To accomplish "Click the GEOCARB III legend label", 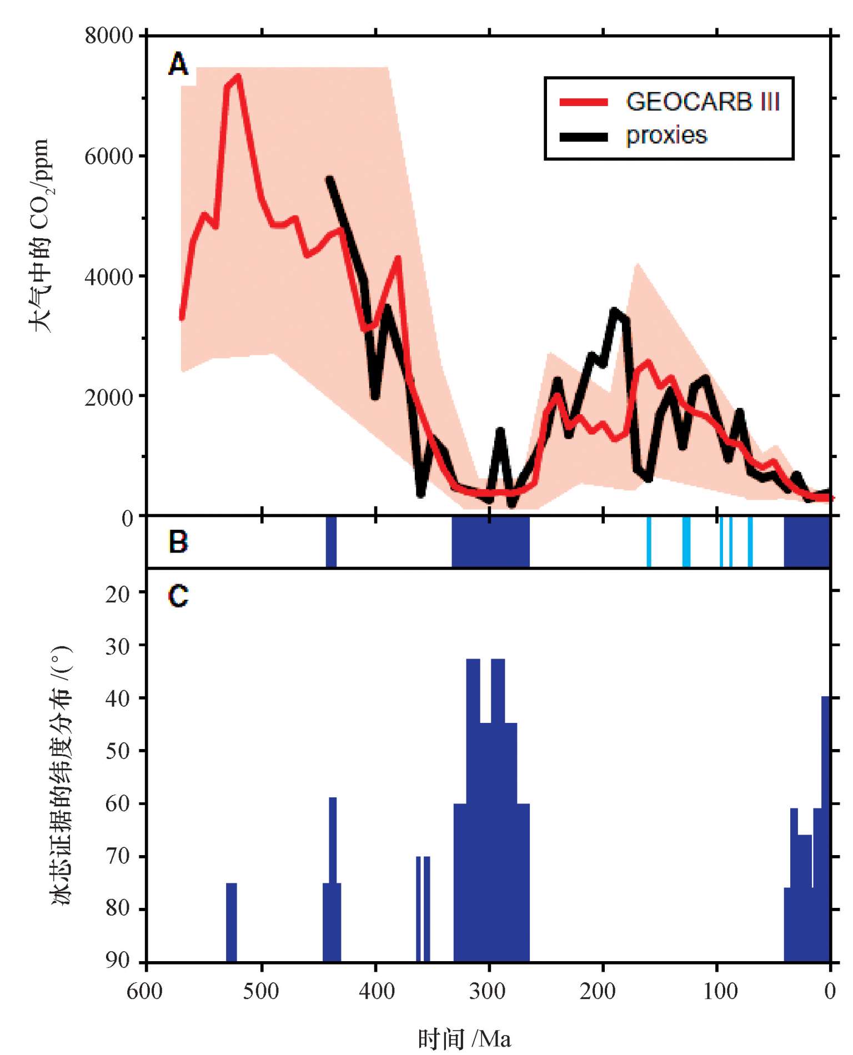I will coord(703,102).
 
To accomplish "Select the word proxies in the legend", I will coord(666,135).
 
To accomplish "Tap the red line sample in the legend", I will coord(584,102).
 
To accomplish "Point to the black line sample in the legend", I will coord(584,136).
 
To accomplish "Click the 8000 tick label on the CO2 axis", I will coord(109,36).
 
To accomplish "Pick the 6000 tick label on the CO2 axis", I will coord(109,156).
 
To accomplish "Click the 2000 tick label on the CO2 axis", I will coord(109,397).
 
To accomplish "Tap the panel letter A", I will coord(178,64).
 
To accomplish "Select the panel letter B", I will coord(178,542).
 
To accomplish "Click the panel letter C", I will coord(178,596).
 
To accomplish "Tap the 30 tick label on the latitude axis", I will coord(117,646).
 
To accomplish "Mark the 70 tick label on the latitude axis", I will coord(117,856).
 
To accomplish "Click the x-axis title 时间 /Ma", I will coord(464,1038).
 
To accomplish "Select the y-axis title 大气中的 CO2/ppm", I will coord(40,236).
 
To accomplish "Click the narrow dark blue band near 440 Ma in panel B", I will coord(331,542).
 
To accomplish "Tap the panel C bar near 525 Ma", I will coord(232,922).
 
